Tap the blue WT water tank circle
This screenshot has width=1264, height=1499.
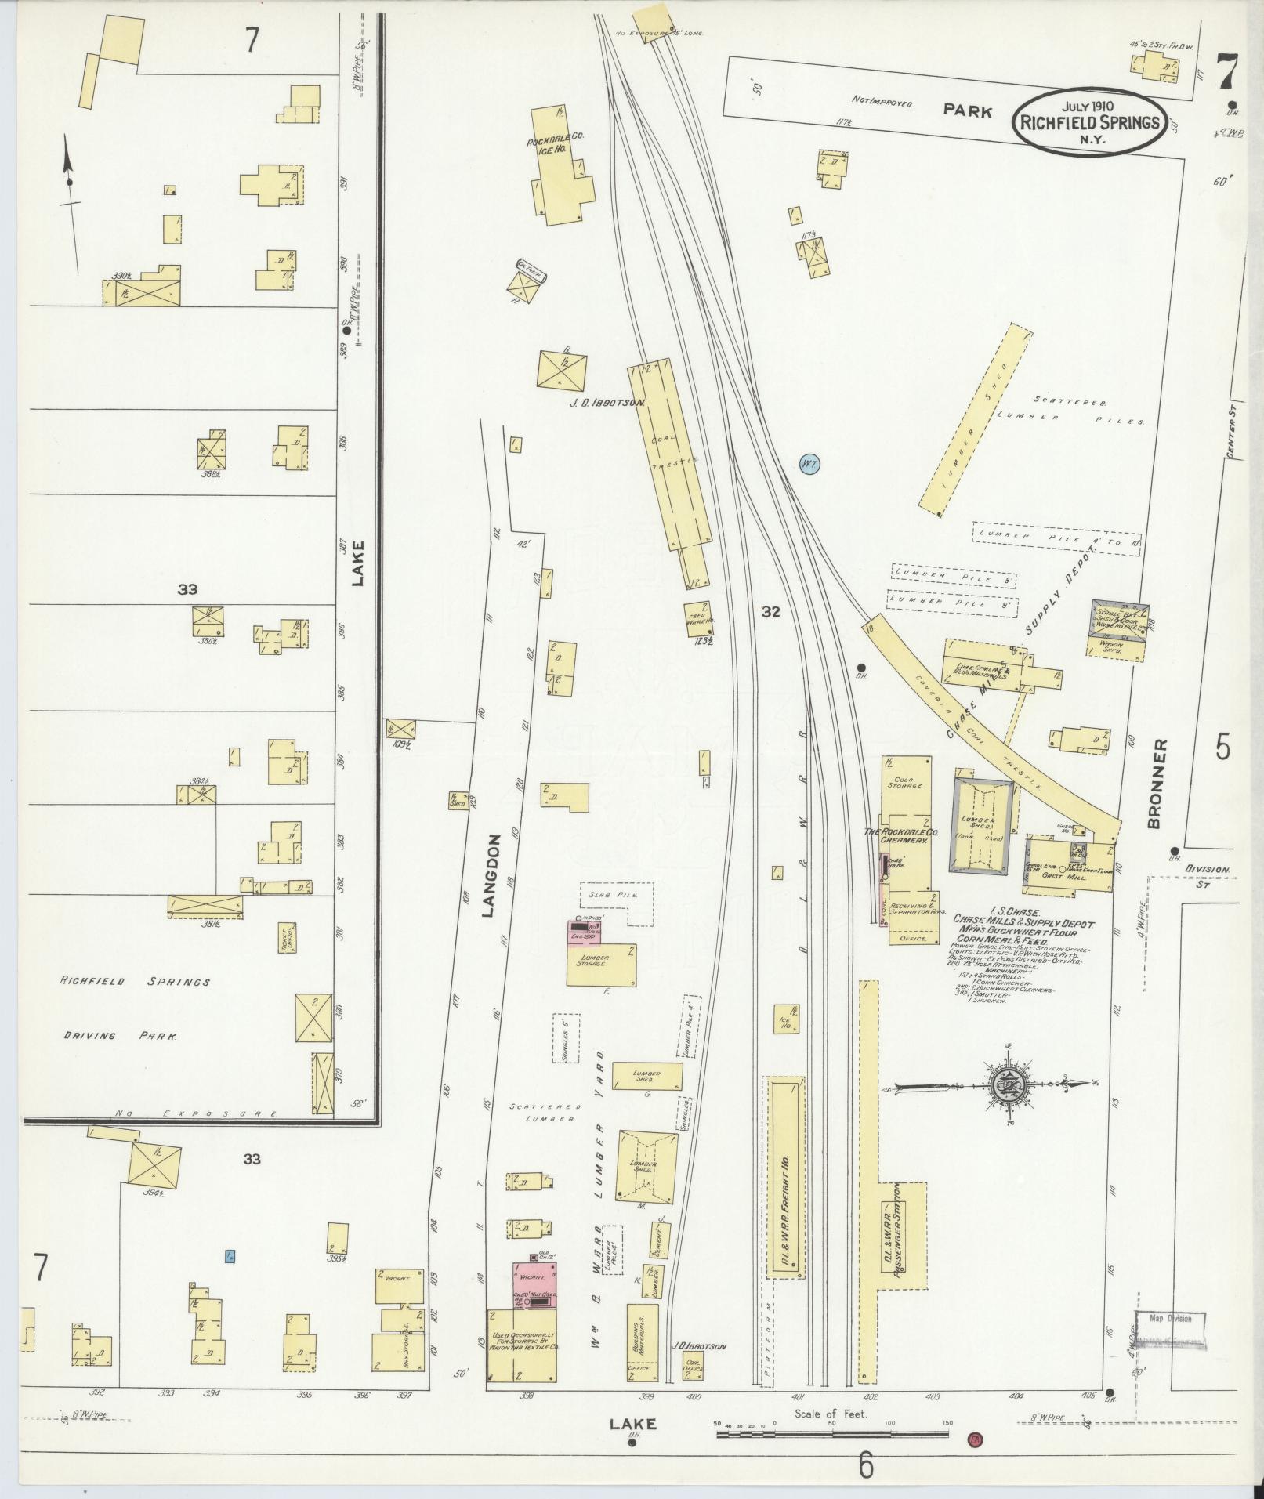809,465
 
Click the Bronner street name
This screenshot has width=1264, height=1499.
1158,784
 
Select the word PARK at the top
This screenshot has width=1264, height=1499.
967,111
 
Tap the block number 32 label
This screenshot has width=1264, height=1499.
771,612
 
